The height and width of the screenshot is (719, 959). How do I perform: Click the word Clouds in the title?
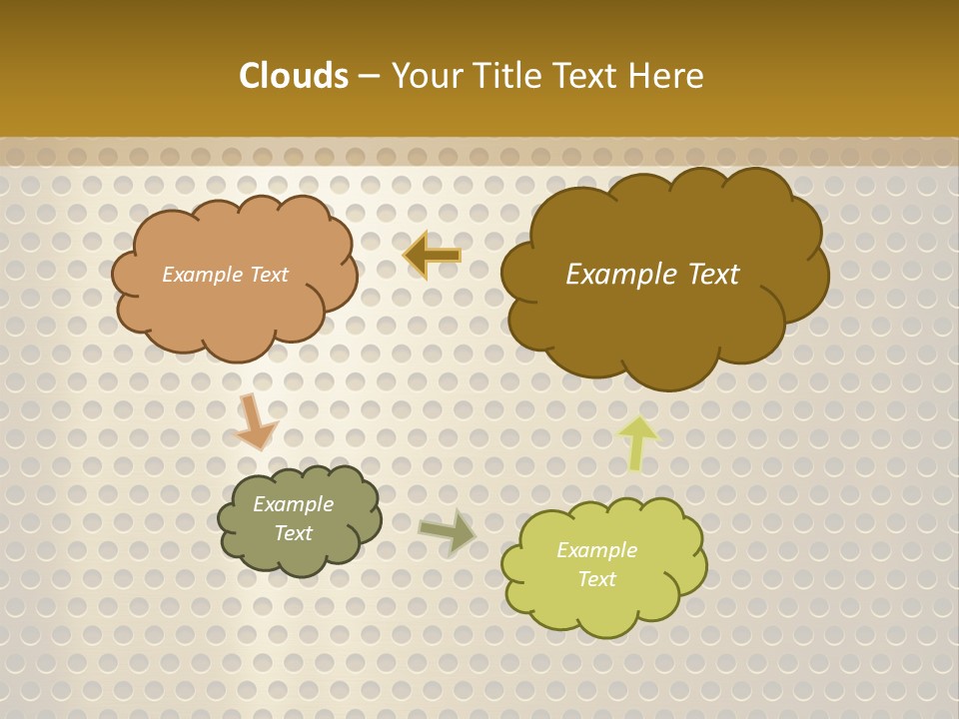[293, 76]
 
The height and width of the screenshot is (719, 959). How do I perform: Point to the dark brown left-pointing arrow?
[432, 256]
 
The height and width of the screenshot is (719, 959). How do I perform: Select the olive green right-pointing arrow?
[447, 530]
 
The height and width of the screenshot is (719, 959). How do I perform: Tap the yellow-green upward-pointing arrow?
[637, 441]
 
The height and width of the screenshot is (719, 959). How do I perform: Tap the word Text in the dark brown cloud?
[713, 275]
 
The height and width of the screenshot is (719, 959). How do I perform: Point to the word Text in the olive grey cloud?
[294, 533]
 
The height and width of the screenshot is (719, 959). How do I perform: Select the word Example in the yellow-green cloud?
[596, 550]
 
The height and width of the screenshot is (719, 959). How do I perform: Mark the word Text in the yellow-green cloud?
[596, 579]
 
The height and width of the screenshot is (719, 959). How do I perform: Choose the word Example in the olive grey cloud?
[294, 504]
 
